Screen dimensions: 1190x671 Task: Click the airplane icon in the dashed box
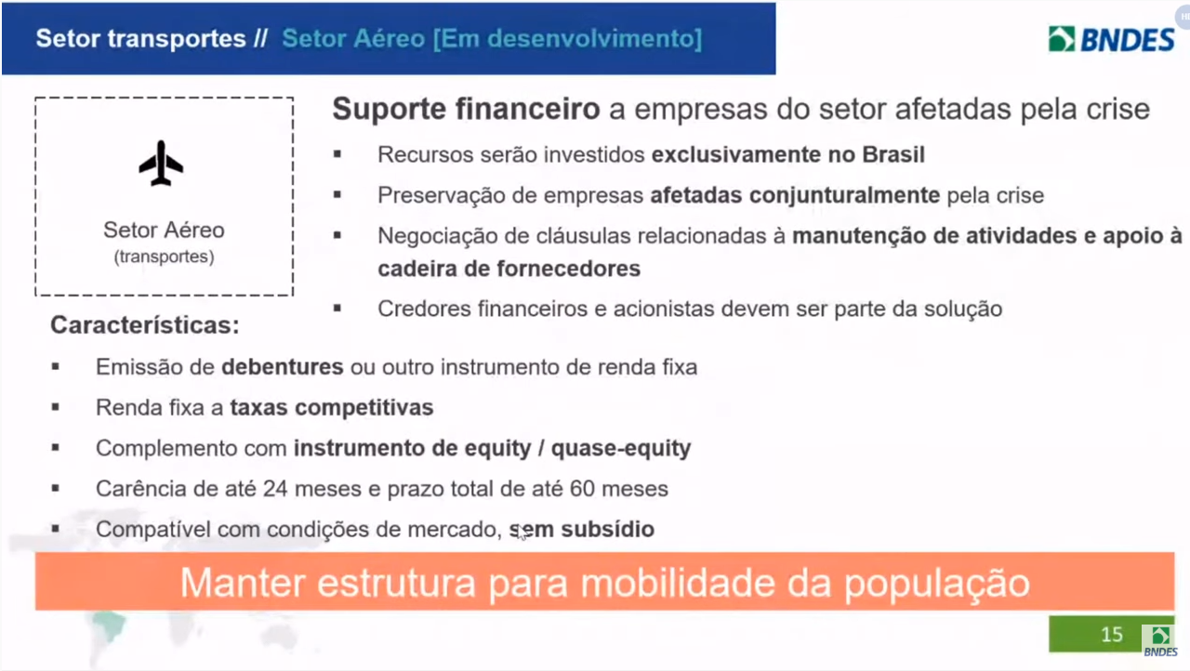[x=161, y=164]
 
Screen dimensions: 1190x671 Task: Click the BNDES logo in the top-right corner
[x=1111, y=39]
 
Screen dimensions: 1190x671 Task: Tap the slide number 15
[x=1111, y=635]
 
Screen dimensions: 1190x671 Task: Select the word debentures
[x=282, y=367]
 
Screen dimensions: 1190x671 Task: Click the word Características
[x=145, y=325]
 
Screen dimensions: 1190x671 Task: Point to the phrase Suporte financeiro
[x=466, y=110]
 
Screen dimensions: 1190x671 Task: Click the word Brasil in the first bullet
[x=893, y=154]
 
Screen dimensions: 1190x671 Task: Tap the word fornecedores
[x=568, y=269]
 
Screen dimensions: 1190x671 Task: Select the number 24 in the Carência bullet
[x=275, y=489]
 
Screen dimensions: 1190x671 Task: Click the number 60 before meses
[x=582, y=489]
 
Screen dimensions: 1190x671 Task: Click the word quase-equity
[x=621, y=449]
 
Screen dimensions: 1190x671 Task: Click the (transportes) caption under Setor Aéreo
[x=165, y=257]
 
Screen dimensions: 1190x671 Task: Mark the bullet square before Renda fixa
[x=56, y=407]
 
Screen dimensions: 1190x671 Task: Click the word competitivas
[x=364, y=408]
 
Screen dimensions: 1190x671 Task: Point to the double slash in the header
[x=261, y=39]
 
